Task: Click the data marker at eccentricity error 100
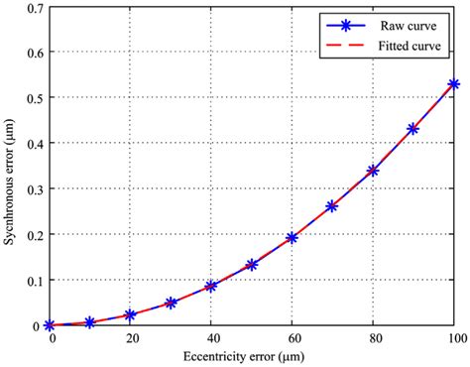[x=454, y=85]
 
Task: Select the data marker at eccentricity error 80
[x=373, y=171]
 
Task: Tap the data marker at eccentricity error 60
[x=293, y=238]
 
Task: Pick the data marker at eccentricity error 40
[x=211, y=286]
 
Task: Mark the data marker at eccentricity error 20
[x=130, y=314]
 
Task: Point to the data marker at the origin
[x=49, y=325]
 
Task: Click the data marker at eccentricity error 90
[x=413, y=129]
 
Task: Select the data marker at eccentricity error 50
[x=252, y=265]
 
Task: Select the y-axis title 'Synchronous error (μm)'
[x=9, y=166]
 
